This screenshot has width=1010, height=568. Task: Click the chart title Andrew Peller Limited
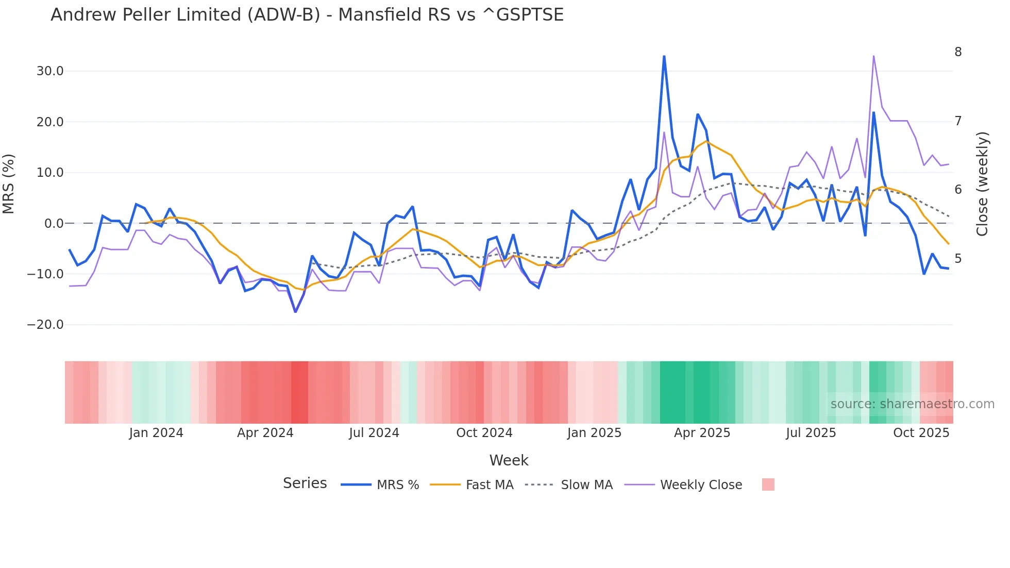(x=307, y=15)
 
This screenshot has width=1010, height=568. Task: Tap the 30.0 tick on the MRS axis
(x=50, y=71)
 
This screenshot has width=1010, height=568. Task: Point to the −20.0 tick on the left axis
(x=45, y=325)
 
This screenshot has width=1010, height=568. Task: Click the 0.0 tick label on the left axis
(x=54, y=224)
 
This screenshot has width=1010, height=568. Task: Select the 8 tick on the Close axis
(x=958, y=52)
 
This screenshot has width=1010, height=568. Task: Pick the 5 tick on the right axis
(x=958, y=259)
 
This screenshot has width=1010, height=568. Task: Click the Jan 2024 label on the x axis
(x=156, y=433)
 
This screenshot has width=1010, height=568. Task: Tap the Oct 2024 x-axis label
(x=484, y=433)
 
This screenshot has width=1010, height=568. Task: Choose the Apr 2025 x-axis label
(x=702, y=433)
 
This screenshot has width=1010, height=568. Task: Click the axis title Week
(x=509, y=460)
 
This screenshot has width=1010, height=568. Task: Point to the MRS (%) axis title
(x=9, y=183)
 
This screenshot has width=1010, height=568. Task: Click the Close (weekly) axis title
(x=982, y=183)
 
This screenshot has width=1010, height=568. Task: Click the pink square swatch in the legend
(x=768, y=485)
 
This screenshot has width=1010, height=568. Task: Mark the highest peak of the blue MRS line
(x=664, y=56)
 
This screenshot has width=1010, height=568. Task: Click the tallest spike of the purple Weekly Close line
(x=873, y=56)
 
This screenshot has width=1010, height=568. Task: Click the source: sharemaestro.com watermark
(x=912, y=404)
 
